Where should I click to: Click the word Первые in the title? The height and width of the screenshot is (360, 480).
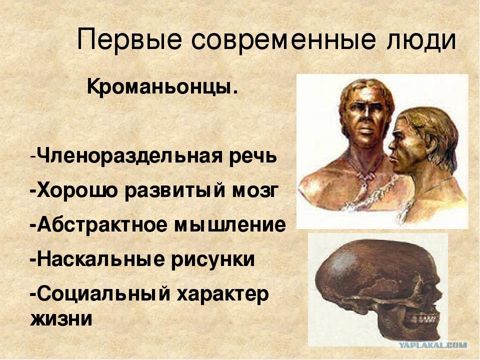click(129, 40)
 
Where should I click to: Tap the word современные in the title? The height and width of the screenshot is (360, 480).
click(283, 40)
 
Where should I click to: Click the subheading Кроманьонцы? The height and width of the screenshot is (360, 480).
click(162, 86)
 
